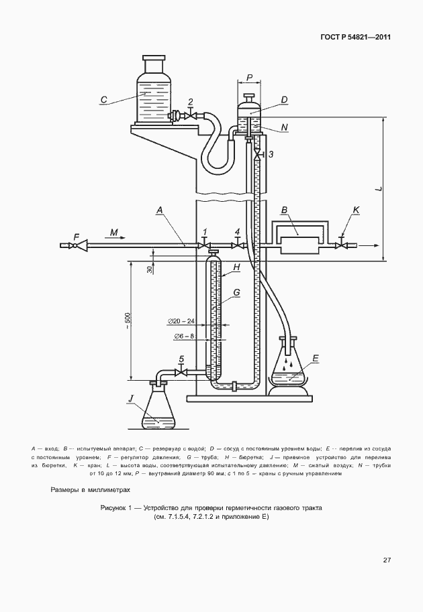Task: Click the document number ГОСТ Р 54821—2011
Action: [355, 38]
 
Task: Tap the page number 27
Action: [387, 560]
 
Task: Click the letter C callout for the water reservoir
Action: [103, 100]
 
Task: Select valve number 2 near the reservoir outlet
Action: [191, 116]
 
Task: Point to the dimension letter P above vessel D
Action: [249, 78]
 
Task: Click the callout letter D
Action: [284, 100]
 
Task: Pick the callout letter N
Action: [284, 127]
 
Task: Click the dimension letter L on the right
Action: [379, 189]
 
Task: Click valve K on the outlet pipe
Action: [342, 246]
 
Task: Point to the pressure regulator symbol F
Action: [79, 245]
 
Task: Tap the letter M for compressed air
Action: [113, 233]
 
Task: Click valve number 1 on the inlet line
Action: [203, 245]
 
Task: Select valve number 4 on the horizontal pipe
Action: [237, 245]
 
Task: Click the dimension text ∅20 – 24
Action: [181, 321]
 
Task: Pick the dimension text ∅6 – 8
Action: [185, 336]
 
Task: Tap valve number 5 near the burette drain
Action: [181, 372]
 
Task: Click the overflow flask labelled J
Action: [158, 408]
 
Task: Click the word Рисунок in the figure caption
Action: [112, 508]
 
